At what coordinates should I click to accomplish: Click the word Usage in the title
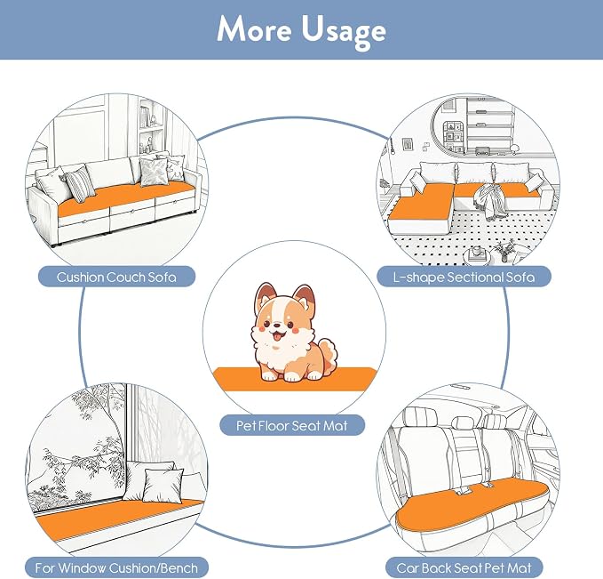344,32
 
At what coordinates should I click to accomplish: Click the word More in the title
254,29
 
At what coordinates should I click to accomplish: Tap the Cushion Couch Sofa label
116,277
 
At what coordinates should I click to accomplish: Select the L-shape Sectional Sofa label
464,277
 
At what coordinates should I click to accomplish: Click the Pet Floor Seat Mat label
292,425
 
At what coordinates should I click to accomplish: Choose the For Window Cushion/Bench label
116,567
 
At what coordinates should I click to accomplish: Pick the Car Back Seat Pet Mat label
464,567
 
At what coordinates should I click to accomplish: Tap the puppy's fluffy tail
326,353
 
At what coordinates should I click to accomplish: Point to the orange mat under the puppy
295,380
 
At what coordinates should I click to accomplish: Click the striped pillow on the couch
79,186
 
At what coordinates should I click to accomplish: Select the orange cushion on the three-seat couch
125,199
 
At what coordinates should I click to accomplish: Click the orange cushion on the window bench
117,519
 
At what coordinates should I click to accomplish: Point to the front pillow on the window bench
163,485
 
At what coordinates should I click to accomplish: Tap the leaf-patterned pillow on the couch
154,172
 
